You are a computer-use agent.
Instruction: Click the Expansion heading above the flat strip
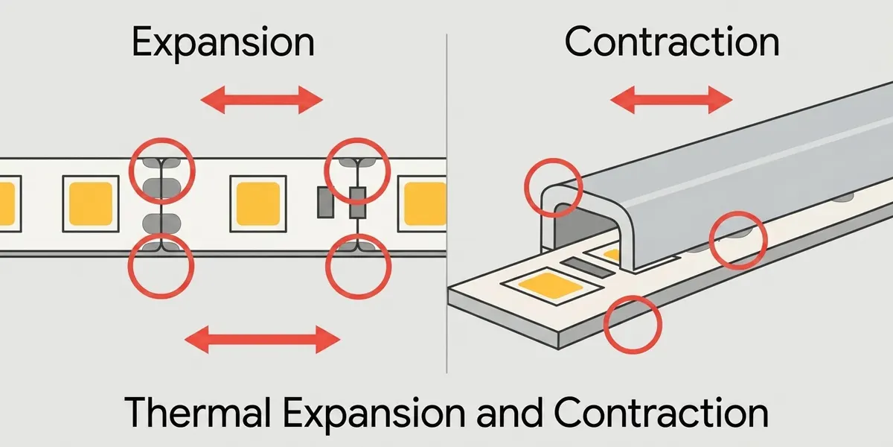pos(223,42)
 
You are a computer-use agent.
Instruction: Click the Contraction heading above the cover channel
pos(672,42)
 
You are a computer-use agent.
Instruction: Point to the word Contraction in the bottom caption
pos(661,412)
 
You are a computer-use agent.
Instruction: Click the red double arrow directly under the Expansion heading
pos(261,99)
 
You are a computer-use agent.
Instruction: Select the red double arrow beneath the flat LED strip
pos(262,340)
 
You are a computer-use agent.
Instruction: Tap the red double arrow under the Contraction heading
pos(671,99)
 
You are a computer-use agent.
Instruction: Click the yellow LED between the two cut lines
pos(258,203)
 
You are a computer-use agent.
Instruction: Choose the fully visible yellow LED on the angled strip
pos(550,286)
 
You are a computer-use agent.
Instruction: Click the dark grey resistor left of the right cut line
pos(325,203)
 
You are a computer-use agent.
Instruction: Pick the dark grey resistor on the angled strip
pos(588,267)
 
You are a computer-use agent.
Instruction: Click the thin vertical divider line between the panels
pos(446,203)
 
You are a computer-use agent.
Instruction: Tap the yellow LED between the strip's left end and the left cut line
pos(91,203)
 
